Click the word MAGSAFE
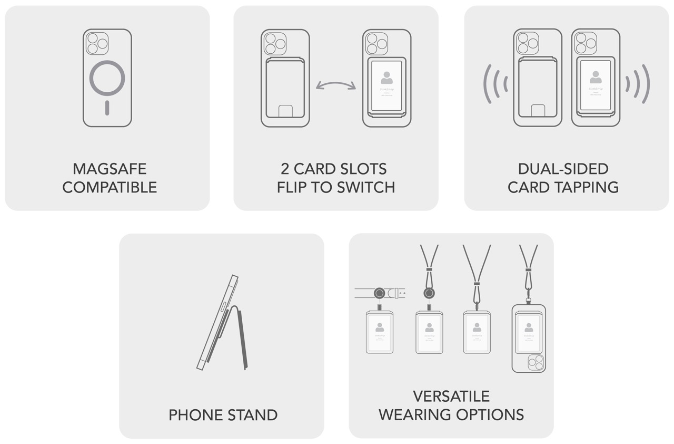click(110, 169)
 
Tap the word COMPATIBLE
click(110, 187)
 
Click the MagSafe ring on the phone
click(107, 79)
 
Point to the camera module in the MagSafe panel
click(97, 43)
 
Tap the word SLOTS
click(362, 169)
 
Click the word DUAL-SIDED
click(563, 169)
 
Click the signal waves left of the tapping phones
click(495, 84)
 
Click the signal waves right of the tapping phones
click(638, 84)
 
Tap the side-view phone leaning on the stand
click(217, 322)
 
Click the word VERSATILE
click(451, 397)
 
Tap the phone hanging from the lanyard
click(529, 338)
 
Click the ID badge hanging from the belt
click(379, 332)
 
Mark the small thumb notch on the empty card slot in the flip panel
click(285, 111)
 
